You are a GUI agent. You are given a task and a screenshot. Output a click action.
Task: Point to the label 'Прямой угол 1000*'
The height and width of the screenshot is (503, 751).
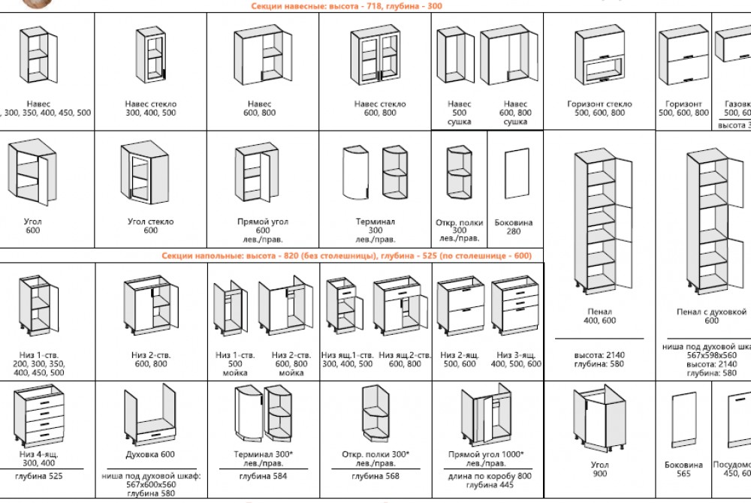pyautogui.click(x=486, y=455)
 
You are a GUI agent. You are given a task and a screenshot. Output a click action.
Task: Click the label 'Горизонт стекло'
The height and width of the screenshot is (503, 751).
pyautogui.click(x=599, y=104)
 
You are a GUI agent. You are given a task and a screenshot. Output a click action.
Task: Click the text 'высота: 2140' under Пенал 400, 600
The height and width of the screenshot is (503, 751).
pyautogui.click(x=599, y=355)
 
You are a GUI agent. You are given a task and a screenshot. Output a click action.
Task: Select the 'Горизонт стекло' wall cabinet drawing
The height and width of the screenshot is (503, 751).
pyautogui.click(x=599, y=59)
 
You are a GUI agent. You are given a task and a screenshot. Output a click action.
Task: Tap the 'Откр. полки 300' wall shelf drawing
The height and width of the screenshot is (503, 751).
pyautogui.click(x=458, y=173)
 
